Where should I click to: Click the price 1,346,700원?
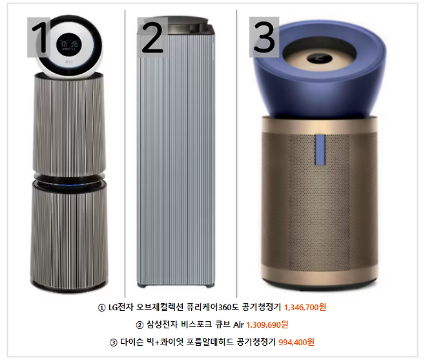(x=305, y=308)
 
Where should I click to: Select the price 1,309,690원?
(x=267, y=324)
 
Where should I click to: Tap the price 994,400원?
(x=296, y=342)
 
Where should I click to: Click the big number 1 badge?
(x=39, y=37)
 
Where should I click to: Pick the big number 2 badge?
(x=152, y=37)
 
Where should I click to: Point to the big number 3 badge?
(x=264, y=37)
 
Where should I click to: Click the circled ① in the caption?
(x=101, y=308)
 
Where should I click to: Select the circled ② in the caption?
(x=140, y=324)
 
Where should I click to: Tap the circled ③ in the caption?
(x=113, y=343)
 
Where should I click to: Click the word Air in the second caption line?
(x=238, y=324)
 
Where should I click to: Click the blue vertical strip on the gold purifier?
(x=320, y=149)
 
